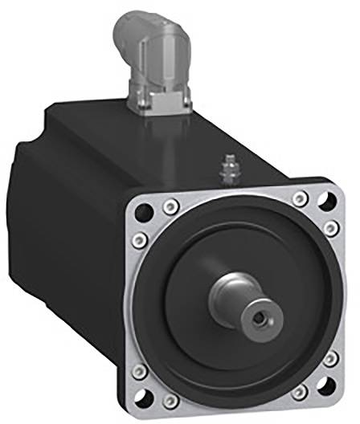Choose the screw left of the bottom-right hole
(x=299, y=392)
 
